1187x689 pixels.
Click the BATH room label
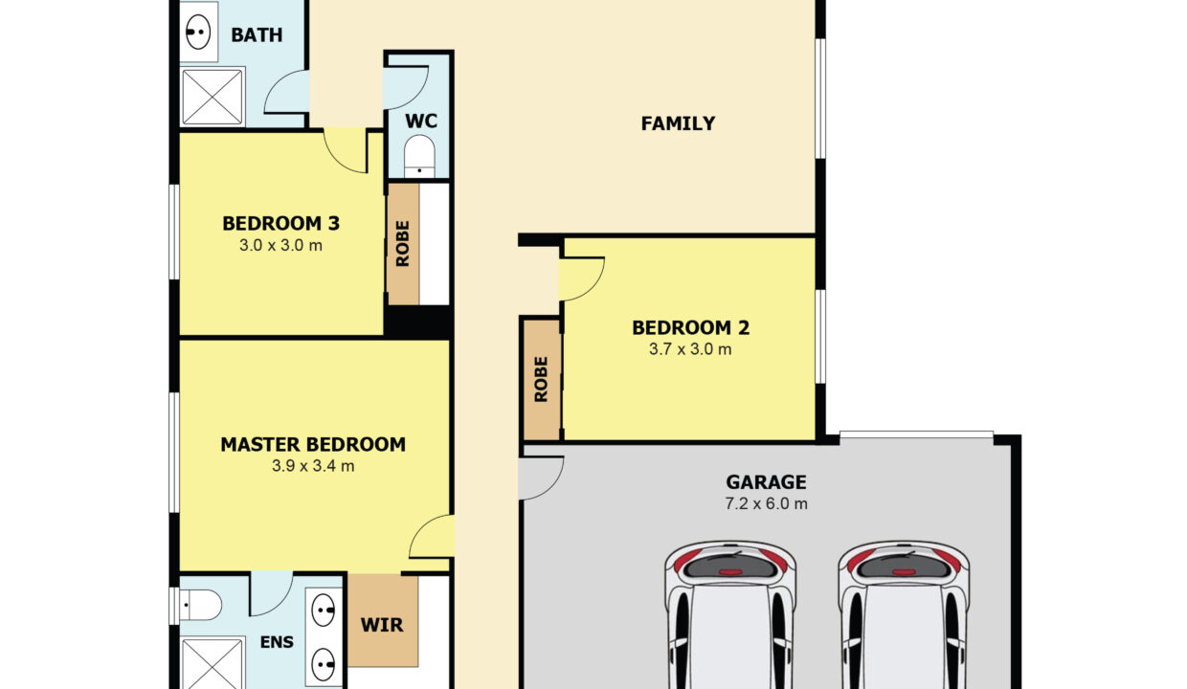[x=257, y=35]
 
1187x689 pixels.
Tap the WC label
[x=421, y=122]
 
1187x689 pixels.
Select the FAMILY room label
[x=679, y=123]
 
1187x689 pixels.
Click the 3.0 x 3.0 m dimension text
[x=280, y=246]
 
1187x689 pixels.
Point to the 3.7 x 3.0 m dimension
[x=690, y=349]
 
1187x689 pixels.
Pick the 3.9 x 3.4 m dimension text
[x=313, y=466]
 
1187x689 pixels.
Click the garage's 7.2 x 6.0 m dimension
[x=766, y=503]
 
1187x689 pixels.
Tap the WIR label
[x=382, y=626]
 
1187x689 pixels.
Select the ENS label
[x=277, y=642]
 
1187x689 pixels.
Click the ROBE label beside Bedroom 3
[x=403, y=244]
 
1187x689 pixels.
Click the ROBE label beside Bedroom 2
[x=541, y=379]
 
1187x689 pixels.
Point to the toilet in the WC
[x=419, y=157]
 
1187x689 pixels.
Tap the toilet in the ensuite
[x=200, y=605]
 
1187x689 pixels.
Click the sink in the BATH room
[x=198, y=33]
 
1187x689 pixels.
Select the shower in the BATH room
[x=212, y=97]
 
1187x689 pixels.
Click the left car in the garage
[x=730, y=614]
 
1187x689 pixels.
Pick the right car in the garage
[x=904, y=614]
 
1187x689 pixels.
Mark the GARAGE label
[x=766, y=482]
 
